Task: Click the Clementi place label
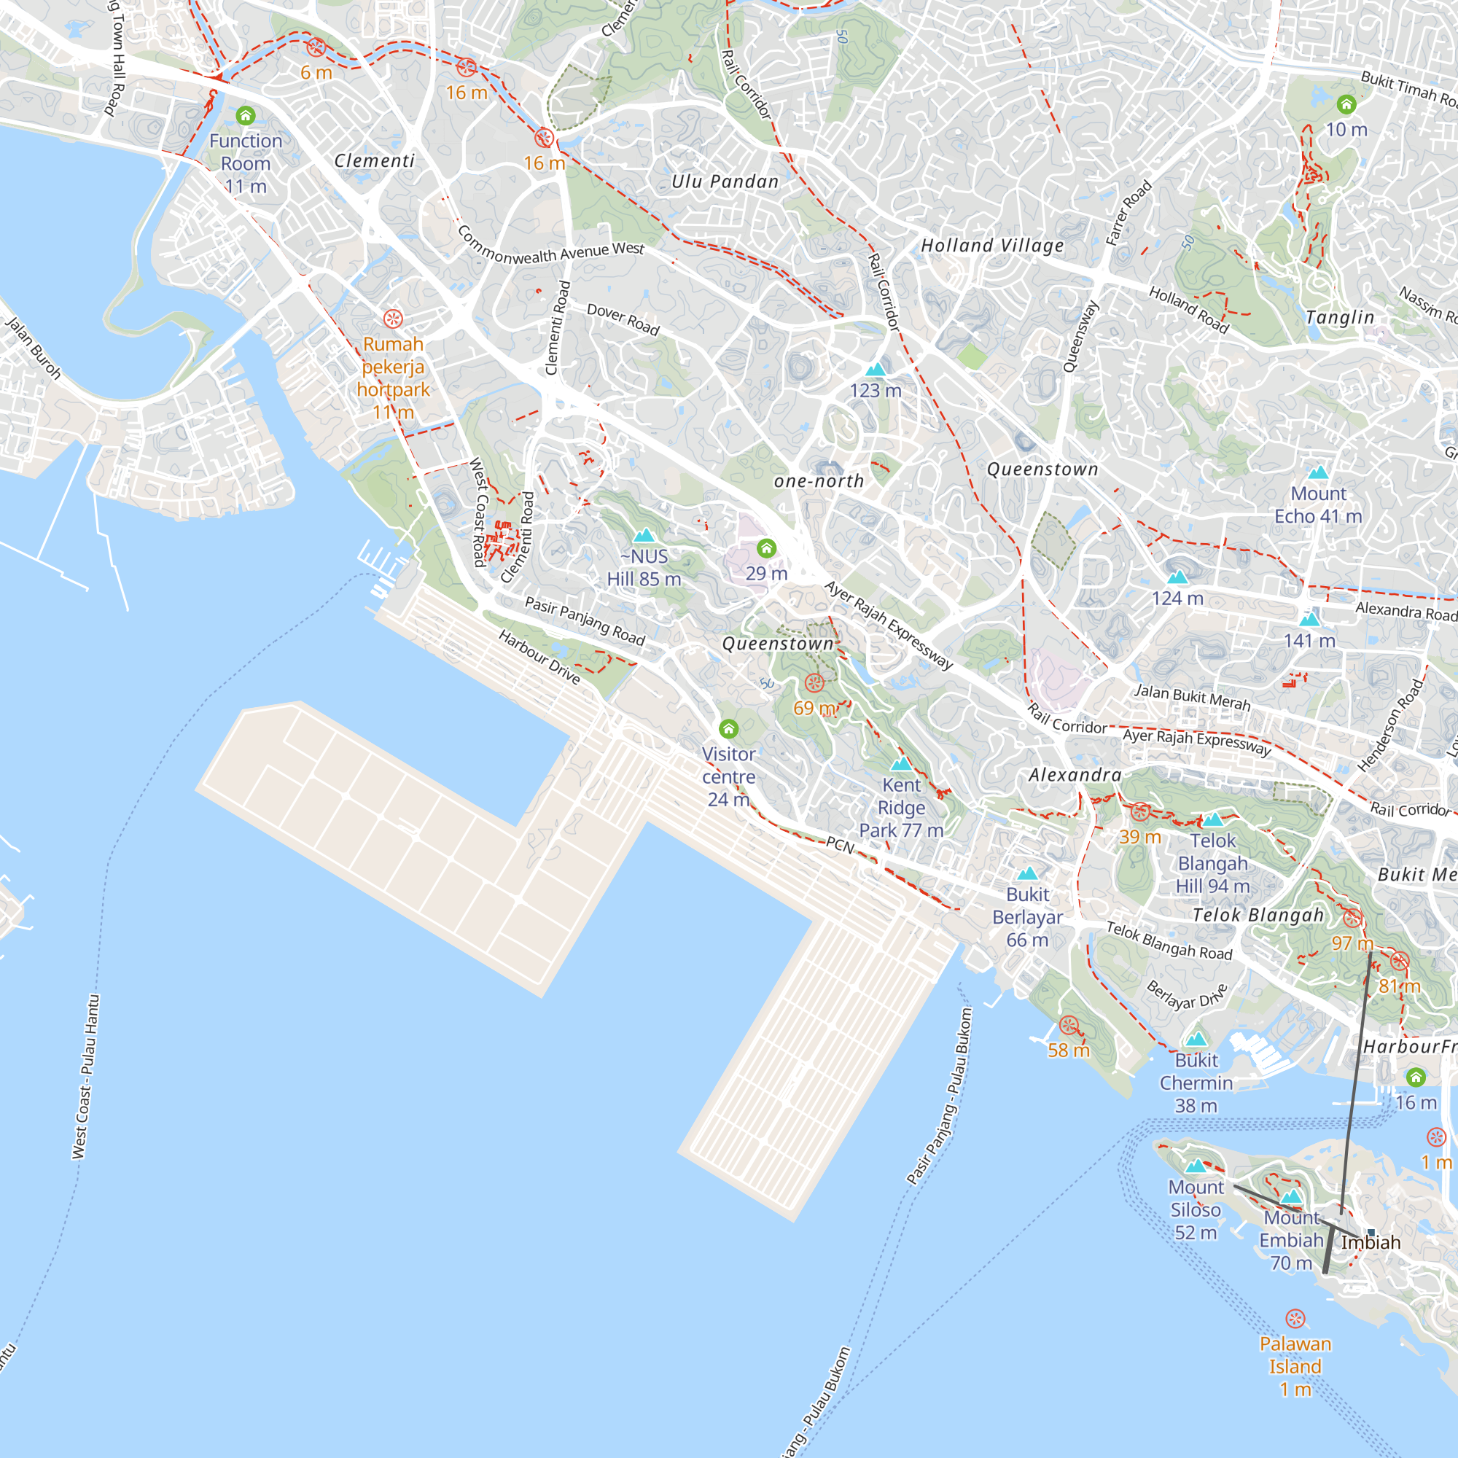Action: (x=374, y=160)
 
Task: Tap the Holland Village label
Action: (x=992, y=245)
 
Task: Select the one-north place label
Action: (x=819, y=480)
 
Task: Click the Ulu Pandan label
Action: (x=725, y=181)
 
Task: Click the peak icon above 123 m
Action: (x=876, y=369)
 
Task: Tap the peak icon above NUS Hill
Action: (x=644, y=536)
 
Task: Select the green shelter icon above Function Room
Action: (x=245, y=115)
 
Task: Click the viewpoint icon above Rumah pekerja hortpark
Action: (x=393, y=319)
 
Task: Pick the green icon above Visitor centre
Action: (x=728, y=728)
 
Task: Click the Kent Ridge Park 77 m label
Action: (x=901, y=808)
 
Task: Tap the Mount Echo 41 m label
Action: (x=1317, y=505)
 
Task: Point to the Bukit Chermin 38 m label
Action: (x=1196, y=1083)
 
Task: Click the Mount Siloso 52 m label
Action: (x=1196, y=1209)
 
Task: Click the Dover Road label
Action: (x=623, y=319)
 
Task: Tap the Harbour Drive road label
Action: (x=539, y=658)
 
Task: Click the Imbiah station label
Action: (x=1371, y=1242)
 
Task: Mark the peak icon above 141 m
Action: (x=1309, y=620)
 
